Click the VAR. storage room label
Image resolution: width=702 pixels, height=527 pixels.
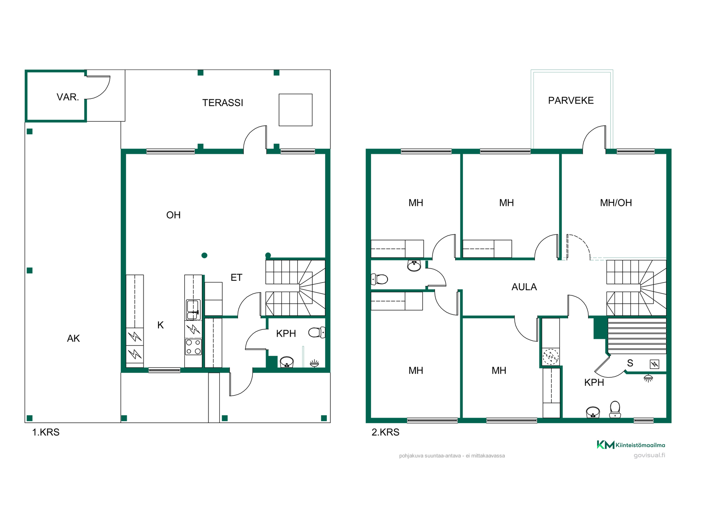[68, 97]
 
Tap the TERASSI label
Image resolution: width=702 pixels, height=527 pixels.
[223, 103]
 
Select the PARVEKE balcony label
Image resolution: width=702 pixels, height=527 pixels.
[571, 100]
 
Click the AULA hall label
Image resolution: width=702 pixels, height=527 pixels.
[524, 287]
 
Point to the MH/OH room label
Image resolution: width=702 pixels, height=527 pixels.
[616, 203]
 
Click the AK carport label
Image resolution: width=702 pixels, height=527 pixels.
[73, 339]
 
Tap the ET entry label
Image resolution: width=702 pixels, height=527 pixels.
[236, 277]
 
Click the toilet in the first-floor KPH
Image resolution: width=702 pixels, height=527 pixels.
[317, 333]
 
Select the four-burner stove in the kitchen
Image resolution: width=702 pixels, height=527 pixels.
[193, 347]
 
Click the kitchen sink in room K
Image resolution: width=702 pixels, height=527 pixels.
[193, 310]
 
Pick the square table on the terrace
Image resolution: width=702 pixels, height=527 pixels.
[295, 110]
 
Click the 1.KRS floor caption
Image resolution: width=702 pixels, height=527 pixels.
[46, 432]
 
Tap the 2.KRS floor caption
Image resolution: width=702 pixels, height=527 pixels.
[385, 432]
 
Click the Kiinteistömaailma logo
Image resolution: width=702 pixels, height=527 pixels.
[631, 445]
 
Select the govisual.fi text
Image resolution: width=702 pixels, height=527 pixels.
[649, 455]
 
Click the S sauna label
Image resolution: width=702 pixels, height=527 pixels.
[630, 363]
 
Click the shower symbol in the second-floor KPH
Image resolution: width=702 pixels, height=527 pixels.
[648, 378]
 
